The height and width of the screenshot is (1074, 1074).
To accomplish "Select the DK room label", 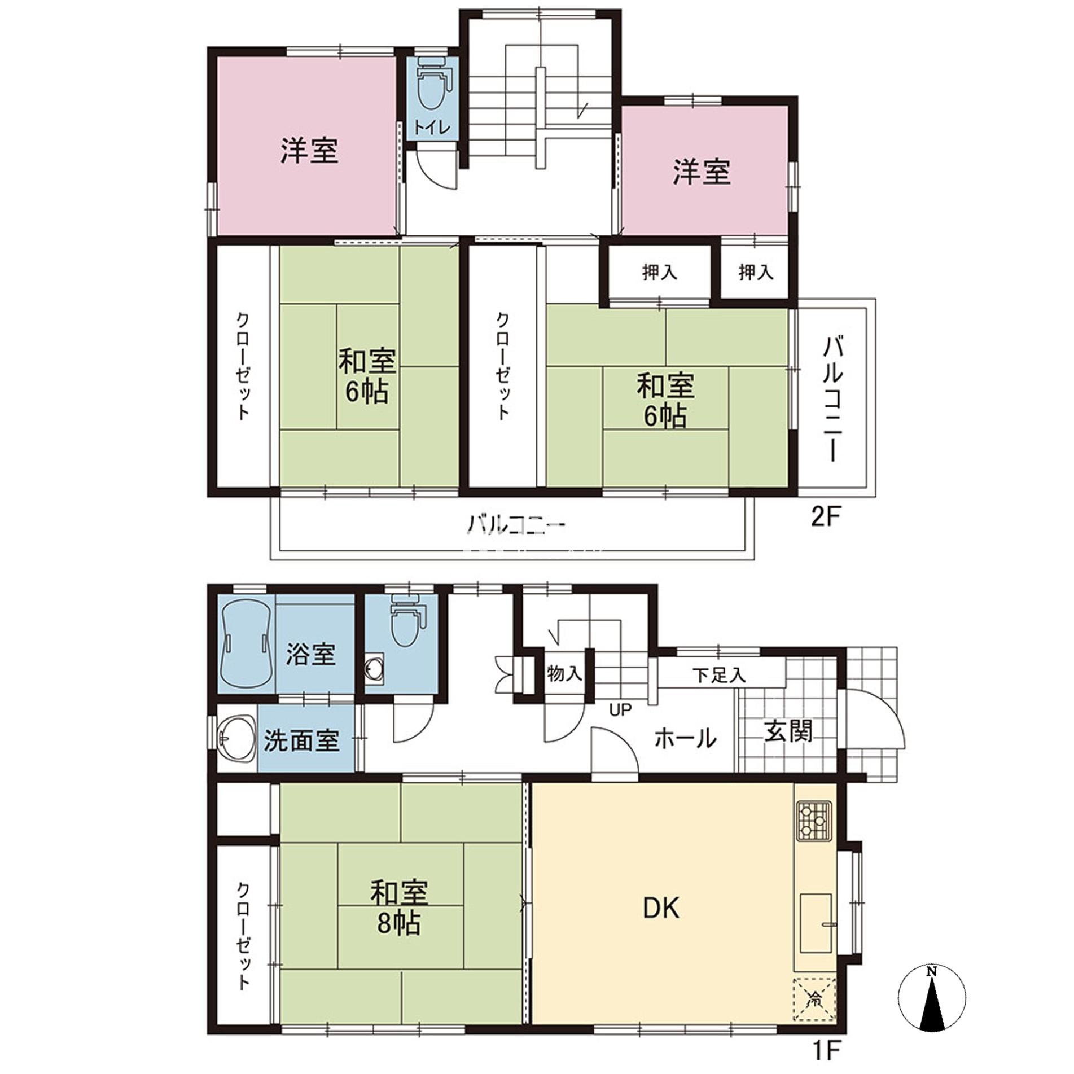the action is click(x=661, y=908).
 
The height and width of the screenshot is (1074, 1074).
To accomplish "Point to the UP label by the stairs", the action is click(x=620, y=710).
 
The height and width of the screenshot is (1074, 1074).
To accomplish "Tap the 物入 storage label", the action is click(x=564, y=673).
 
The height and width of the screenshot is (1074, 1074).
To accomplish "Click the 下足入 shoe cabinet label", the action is click(x=718, y=675).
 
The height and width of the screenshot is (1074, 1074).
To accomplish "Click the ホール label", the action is click(x=685, y=738).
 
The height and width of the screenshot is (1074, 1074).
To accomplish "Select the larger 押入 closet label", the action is click(x=659, y=273).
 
